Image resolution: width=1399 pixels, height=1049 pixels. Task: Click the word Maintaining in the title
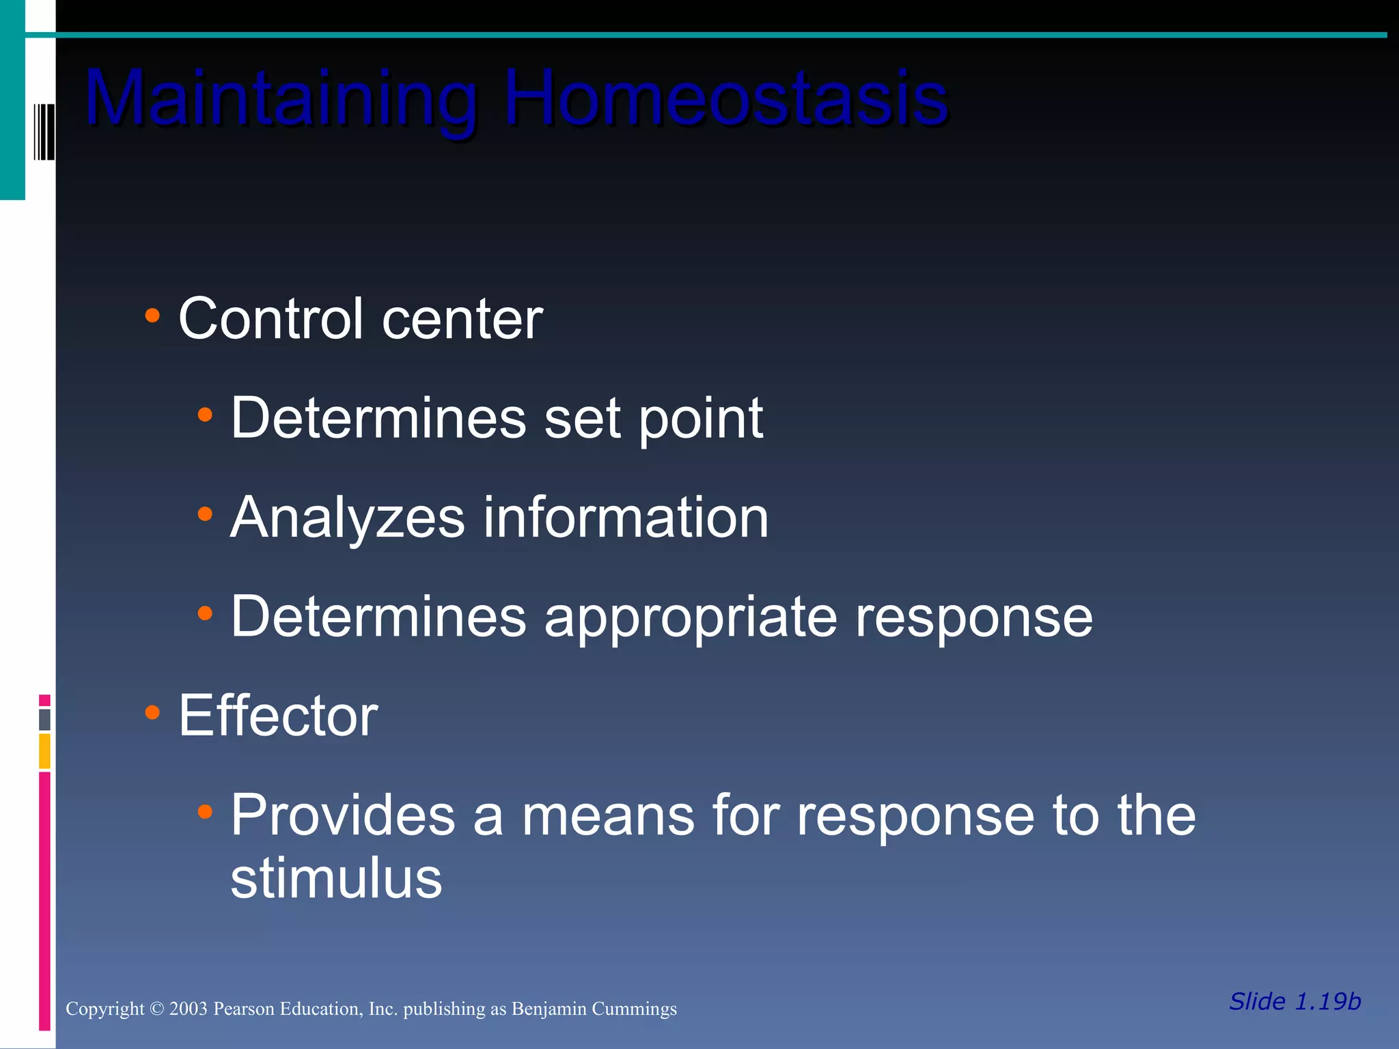[x=280, y=99]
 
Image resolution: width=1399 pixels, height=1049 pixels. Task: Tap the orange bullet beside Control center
[x=152, y=316]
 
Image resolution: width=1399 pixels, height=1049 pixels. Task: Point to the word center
[x=462, y=320]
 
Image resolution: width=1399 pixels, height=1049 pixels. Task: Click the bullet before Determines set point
[x=205, y=415]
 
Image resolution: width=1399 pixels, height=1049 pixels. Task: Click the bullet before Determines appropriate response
[x=205, y=613]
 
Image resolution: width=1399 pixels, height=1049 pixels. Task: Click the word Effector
[x=278, y=716]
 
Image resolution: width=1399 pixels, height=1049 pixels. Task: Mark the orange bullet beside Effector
[x=152, y=713]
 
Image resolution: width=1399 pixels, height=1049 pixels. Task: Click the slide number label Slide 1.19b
[x=1294, y=1001]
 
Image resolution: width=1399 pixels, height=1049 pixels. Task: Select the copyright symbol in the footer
[x=156, y=1009]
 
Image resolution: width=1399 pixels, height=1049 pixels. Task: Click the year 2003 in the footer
[x=188, y=1009]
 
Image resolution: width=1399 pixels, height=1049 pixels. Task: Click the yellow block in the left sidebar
[x=44, y=751]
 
